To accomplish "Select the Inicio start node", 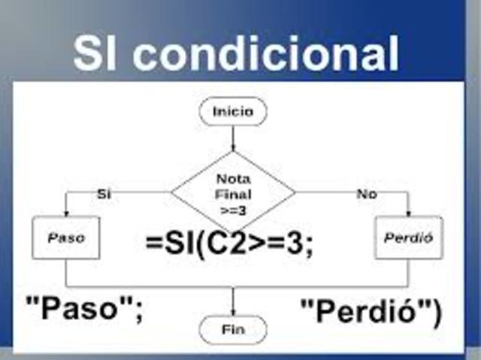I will [x=233, y=112].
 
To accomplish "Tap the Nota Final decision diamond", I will [x=233, y=191].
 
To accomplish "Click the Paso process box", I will [x=66, y=238].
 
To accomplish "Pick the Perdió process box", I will [x=409, y=238].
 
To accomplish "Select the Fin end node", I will [x=233, y=328].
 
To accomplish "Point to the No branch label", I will [x=367, y=194].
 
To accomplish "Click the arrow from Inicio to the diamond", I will [x=233, y=137].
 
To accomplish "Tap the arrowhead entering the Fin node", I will [x=233, y=311].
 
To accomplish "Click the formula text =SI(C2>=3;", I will [x=229, y=244].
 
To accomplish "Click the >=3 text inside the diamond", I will [x=233, y=210].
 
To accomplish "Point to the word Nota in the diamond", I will [x=233, y=179].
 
